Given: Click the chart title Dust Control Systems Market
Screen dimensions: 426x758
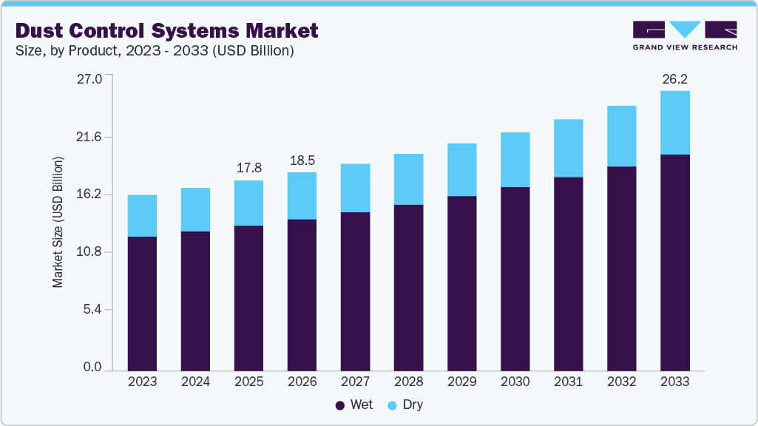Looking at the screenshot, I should (167, 30).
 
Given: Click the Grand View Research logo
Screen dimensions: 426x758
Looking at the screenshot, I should (685, 35).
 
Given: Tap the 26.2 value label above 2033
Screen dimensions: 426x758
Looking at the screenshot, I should (674, 78).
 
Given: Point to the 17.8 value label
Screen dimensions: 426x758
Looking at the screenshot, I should (248, 168).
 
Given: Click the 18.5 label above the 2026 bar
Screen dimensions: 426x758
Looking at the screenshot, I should (302, 160).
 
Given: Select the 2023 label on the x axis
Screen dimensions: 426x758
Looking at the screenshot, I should (142, 382).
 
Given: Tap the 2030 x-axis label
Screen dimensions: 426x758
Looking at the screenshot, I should (515, 382).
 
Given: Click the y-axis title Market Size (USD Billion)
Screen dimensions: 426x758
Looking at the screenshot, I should (58, 222).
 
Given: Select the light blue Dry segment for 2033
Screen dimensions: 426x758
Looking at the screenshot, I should (674, 123).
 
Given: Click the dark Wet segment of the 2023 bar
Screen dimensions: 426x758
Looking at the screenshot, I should (142, 303).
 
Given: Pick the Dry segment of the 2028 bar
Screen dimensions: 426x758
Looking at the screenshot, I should (408, 179).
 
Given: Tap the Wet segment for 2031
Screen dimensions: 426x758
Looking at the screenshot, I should (568, 274).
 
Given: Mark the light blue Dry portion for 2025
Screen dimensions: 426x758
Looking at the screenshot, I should (248, 203).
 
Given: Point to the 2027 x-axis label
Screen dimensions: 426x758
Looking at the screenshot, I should (355, 382).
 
